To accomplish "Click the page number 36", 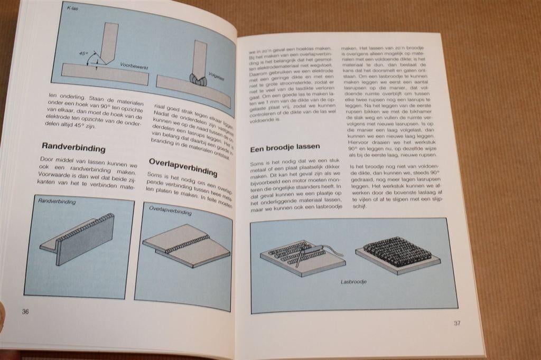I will (x=25, y=311).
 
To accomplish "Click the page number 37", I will (x=458, y=324).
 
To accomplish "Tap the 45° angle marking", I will (x=83, y=53).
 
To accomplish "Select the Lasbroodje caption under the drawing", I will (x=354, y=282).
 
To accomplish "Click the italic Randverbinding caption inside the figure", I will (x=57, y=202).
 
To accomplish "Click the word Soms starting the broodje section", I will (x=259, y=165).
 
